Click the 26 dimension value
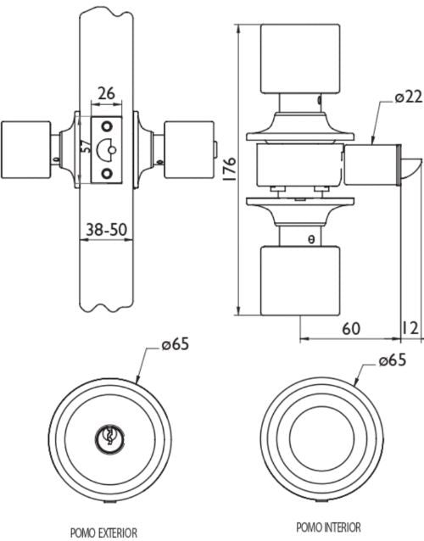click(107, 93)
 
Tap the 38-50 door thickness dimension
click(106, 230)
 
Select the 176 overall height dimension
click(230, 169)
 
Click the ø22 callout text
click(409, 98)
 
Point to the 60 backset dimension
click(351, 329)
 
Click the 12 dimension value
click(410, 328)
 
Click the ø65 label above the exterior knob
click(176, 344)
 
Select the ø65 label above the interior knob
click(393, 360)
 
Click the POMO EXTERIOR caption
click(103, 533)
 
